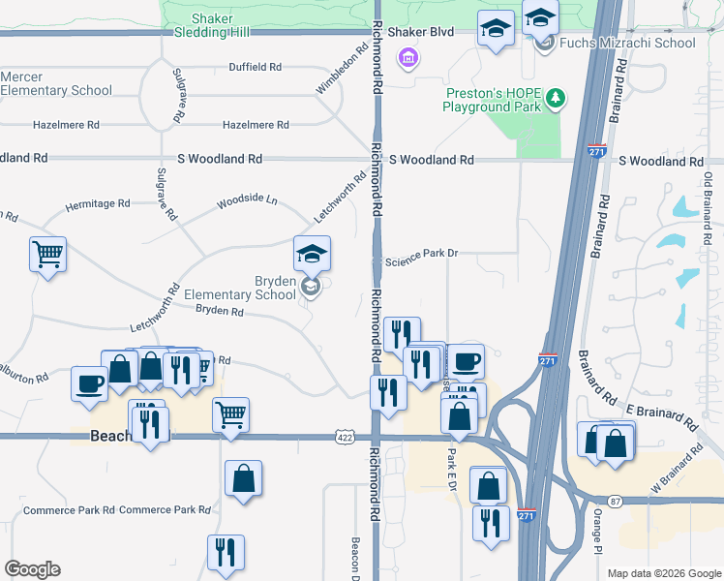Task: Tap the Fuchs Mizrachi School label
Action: click(628, 43)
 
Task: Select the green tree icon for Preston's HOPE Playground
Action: click(556, 97)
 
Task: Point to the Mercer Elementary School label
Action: click(56, 83)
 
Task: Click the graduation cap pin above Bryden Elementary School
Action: click(312, 255)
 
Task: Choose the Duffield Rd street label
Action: click(255, 67)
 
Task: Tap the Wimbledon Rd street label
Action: click(336, 75)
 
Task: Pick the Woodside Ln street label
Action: click(247, 201)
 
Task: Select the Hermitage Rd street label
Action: click(97, 204)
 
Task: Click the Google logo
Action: click(33, 569)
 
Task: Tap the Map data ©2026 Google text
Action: click(663, 573)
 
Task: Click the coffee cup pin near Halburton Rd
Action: click(89, 384)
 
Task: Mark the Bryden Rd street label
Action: click(219, 311)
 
